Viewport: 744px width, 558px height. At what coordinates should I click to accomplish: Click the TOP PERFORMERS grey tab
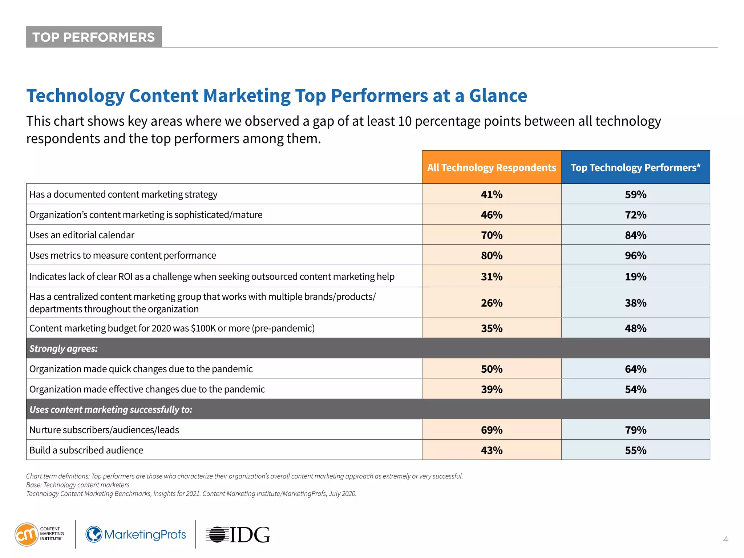[94, 37]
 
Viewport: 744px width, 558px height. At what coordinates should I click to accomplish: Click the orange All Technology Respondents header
[492, 167]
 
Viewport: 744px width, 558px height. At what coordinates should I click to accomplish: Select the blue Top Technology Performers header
[635, 167]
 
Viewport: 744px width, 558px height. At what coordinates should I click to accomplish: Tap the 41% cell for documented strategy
[492, 194]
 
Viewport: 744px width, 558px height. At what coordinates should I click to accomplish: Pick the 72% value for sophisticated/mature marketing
[635, 215]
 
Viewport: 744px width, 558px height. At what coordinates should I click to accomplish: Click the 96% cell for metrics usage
[635, 255]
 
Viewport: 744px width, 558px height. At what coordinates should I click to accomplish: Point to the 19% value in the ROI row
[635, 276]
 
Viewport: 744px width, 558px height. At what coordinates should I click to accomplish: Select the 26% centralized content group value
[492, 303]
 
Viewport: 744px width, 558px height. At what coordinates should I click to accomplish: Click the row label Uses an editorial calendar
[82, 235]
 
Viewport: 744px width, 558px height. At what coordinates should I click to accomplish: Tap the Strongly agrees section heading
[64, 348]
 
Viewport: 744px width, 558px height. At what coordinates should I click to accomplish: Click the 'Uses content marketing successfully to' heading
[111, 409]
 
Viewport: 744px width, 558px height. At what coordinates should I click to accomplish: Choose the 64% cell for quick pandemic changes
[635, 369]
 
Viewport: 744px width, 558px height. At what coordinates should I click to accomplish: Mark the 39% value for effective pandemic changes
[492, 389]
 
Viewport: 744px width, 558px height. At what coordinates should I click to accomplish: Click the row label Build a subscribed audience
[86, 450]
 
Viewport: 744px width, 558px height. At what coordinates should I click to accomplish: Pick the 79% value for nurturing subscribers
[635, 430]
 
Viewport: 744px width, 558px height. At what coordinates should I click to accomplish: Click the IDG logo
[238, 534]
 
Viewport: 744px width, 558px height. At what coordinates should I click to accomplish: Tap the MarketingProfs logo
[136, 534]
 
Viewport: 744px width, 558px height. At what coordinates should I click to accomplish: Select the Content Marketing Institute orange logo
[27, 534]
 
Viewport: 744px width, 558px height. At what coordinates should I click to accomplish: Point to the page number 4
[725, 539]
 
